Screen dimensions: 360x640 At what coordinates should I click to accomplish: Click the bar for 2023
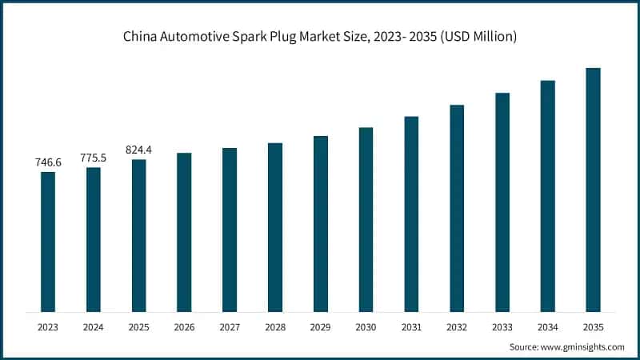(48, 242)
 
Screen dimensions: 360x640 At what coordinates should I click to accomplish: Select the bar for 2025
(139, 235)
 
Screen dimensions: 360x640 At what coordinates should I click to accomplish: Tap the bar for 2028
(275, 227)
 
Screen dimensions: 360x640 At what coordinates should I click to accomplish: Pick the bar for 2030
(366, 219)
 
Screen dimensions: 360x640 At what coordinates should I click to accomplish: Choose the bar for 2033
(502, 202)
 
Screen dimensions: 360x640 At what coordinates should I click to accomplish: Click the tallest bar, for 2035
(593, 190)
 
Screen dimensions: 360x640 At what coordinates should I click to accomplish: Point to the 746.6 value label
(48, 162)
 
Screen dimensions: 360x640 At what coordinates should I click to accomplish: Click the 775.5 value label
(94, 158)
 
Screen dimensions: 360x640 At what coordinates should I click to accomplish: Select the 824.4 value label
(139, 150)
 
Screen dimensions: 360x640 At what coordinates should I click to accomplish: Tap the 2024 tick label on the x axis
(94, 326)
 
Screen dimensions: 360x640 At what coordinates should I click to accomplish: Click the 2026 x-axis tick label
(184, 326)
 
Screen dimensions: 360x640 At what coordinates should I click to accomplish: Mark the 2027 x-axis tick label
(230, 326)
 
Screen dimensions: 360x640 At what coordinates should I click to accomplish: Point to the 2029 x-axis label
(320, 326)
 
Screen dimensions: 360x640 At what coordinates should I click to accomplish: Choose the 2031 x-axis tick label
(411, 326)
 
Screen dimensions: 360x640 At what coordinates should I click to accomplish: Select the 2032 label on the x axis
(457, 326)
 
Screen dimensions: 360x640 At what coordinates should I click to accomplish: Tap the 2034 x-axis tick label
(547, 326)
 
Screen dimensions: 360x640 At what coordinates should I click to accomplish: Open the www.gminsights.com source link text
(581, 347)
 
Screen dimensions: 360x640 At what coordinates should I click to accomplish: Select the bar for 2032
(457, 208)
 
